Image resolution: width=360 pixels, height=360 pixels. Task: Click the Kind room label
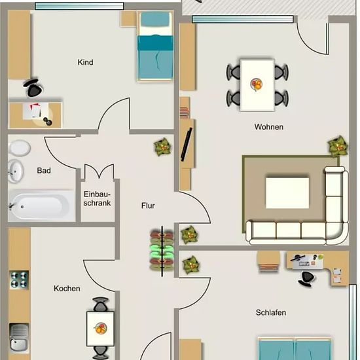pyautogui.click(x=85, y=62)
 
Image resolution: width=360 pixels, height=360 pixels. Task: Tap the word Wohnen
pyautogui.click(x=268, y=127)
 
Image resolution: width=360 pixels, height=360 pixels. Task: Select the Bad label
pyautogui.click(x=44, y=171)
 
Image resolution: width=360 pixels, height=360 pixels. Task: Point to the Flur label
pyautogui.click(x=148, y=206)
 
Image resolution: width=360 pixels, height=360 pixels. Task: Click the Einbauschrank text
pyautogui.click(x=97, y=198)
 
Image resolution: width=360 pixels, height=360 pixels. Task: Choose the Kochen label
pyautogui.click(x=67, y=289)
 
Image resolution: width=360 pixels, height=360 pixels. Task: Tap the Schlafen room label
pyautogui.click(x=271, y=312)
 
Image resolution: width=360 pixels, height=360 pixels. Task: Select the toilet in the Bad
pyautogui.click(x=19, y=148)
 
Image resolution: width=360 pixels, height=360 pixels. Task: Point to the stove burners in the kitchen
pyautogui.click(x=19, y=280)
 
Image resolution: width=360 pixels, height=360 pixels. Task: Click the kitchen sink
pyautogui.click(x=19, y=338)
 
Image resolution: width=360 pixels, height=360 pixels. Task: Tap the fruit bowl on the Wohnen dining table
pyautogui.click(x=256, y=84)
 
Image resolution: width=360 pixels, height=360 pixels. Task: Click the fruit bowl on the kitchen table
pyautogui.click(x=101, y=328)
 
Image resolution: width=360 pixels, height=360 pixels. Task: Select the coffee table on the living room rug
pyautogui.click(x=287, y=193)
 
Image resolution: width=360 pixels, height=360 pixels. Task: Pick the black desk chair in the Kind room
pyautogui.click(x=33, y=88)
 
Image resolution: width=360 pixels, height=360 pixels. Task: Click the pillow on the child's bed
pyautogui.click(x=154, y=19)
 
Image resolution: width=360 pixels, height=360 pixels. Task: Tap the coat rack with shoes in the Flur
pyautogui.click(x=162, y=251)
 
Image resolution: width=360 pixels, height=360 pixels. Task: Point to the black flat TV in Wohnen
pyautogui.click(x=187, y=145)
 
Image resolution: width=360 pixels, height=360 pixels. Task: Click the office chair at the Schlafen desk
pyautogui.click(x=306, y=279)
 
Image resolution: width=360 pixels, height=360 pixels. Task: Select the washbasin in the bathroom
pyautogui.click(x=16, y=171)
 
